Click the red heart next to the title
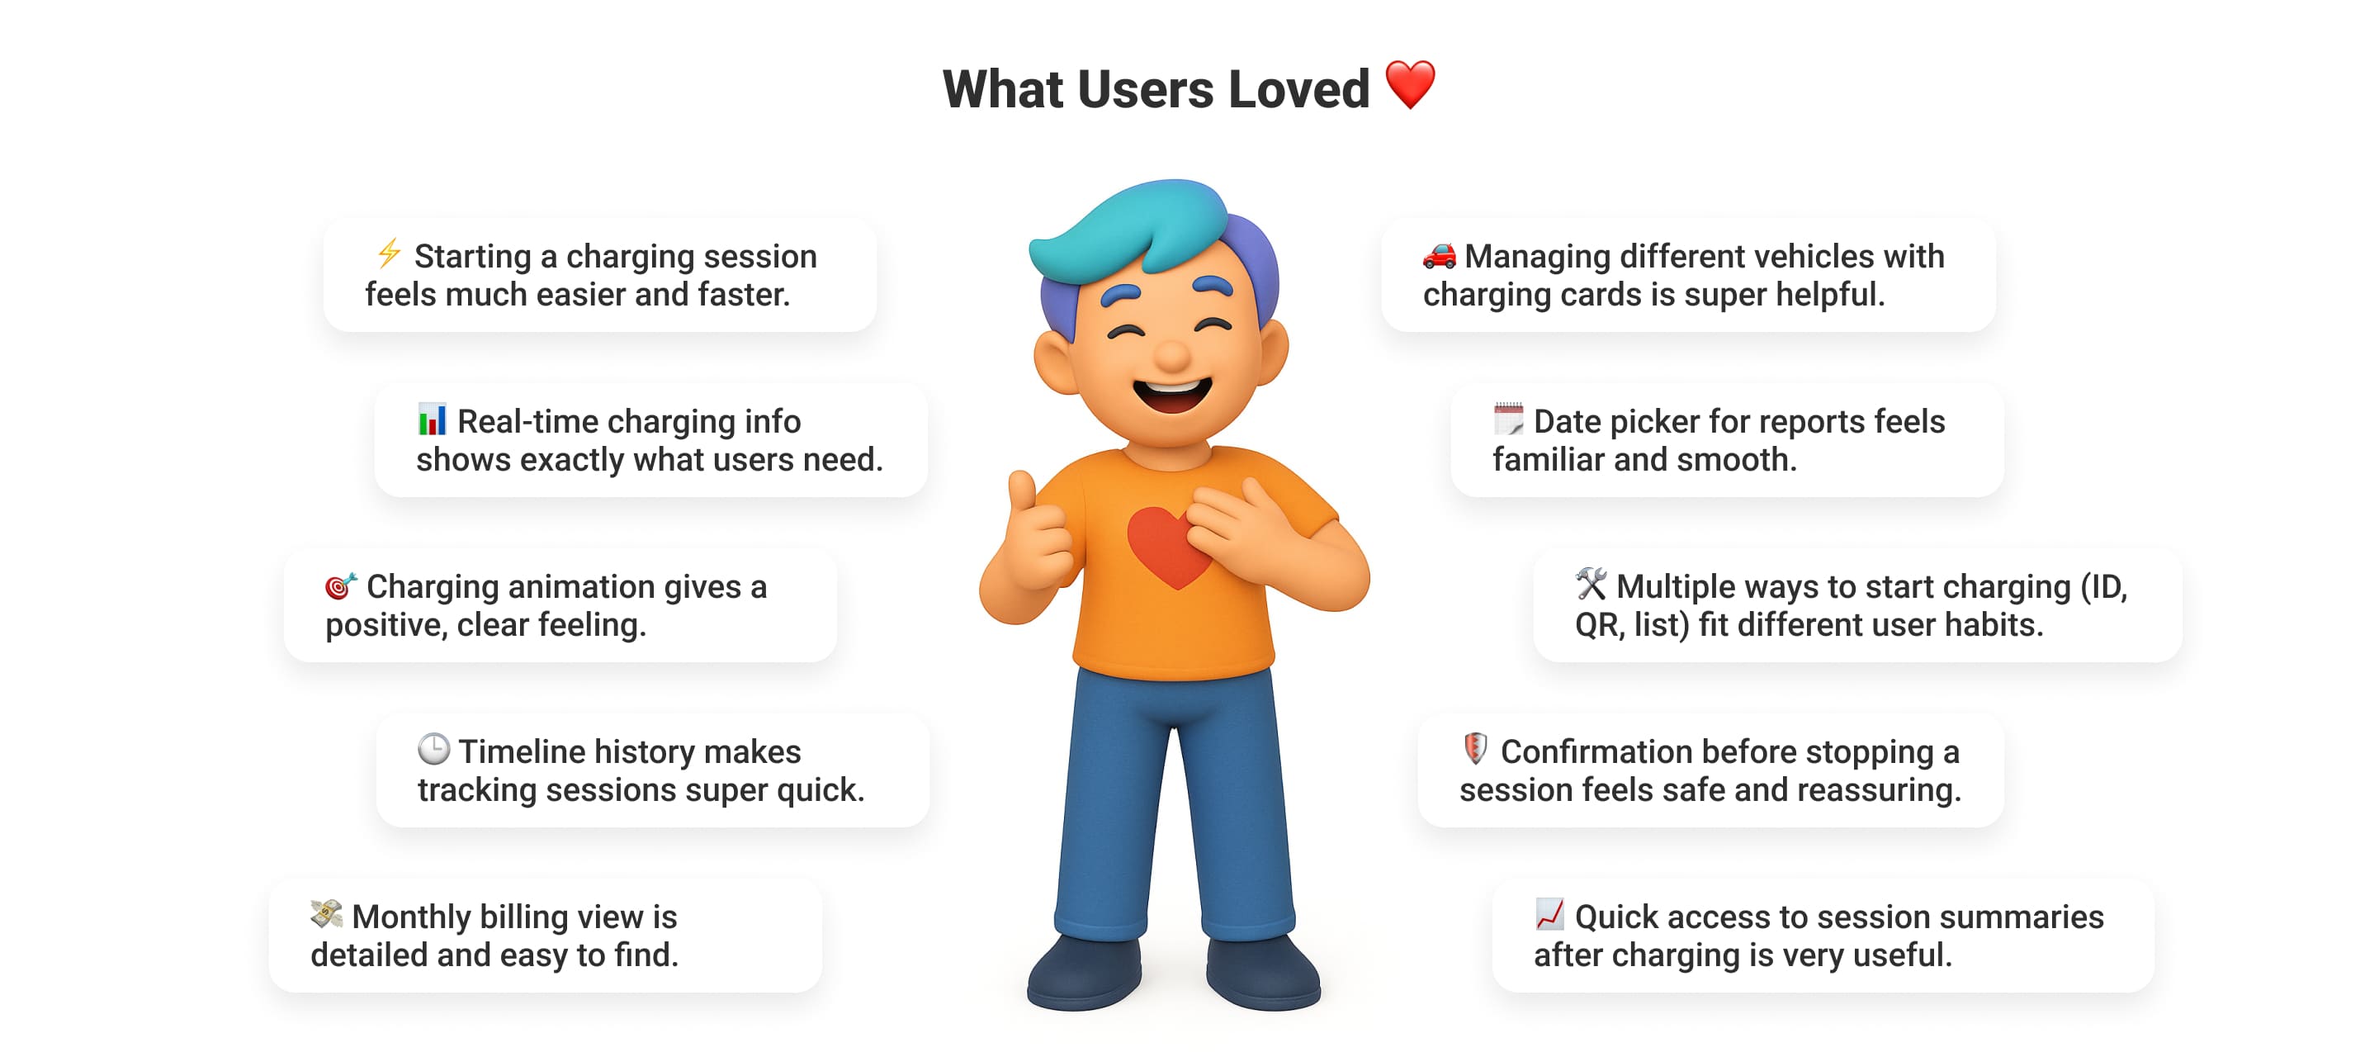tap(1410, 85)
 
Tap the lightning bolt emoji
tap(389, 253)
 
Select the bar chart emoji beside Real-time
tap(431, 419)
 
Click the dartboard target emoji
tap(341, 585)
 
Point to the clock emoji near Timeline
tap(433, 749)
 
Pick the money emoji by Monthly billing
tap(326, 913)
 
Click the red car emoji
tap(1440, 254)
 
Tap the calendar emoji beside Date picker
tap(1508, 419)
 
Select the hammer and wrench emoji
tap(1592, 584)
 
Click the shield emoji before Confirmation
tap(1475, 748)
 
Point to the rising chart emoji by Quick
tap(1549, 913)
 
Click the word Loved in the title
tap(1298, 89)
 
